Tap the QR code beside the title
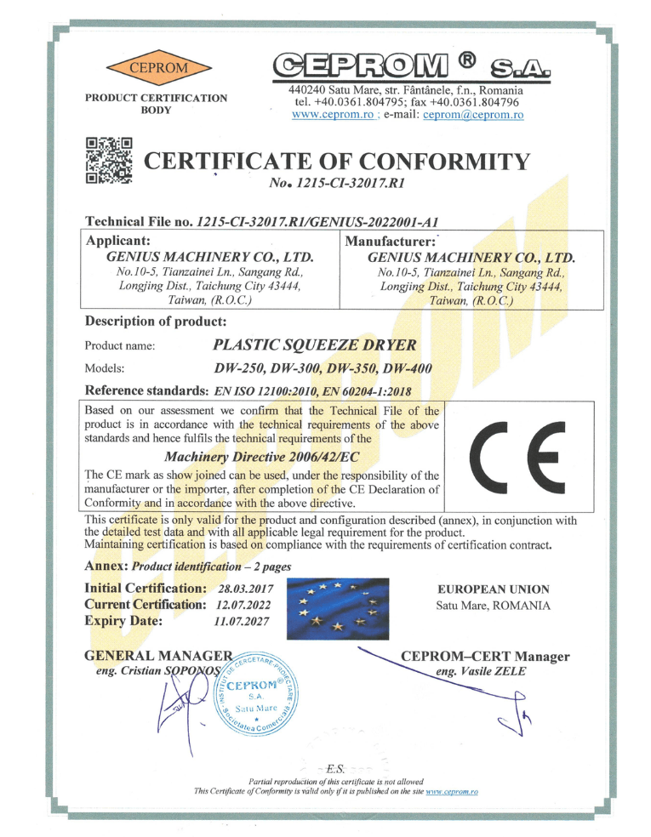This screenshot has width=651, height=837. (x=110, y=159)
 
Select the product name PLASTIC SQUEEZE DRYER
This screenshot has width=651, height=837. (x=314, y=344)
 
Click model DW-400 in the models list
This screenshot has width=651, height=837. (x=408, y=368)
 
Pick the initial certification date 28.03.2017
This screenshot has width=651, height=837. (x=243, y=589)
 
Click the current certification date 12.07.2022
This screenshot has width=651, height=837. (x=243, y=605)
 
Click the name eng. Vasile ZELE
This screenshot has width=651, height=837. (x=481, y=672)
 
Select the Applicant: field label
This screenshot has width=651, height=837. (x=119, y=240)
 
